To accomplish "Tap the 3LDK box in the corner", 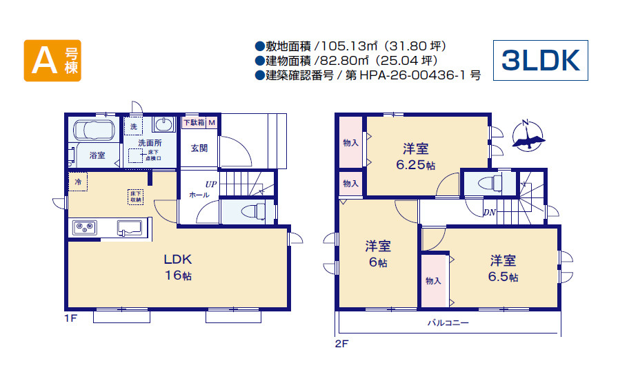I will pyautogui.click(x=540, y=61).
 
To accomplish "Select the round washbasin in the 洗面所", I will pyautogui.click(x=163, y=125).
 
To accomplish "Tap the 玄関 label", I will pyautogui.click(x=199, y=147).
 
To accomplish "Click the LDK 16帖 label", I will pyautogui.click(x=177, y=267).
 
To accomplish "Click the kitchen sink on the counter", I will pyautogui.click(x=130, y=228).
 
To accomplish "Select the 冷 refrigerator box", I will pyautogui.click(x=78, y=182).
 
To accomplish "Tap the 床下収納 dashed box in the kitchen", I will pyautogui.click(x=135, y=196).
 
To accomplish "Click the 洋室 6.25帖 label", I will pyautogui.click(x=415, y=157).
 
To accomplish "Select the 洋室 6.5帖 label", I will pyautogui.click(x=504, y=269).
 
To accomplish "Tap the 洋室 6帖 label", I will pyautogui.click(x=377, y=253).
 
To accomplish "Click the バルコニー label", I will pyautogui.click(x=448, y=322).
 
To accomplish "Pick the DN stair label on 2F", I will pyautogui.click(x=490, y=212).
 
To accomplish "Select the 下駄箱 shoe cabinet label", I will pyautogui.click(x=194, y=122).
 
